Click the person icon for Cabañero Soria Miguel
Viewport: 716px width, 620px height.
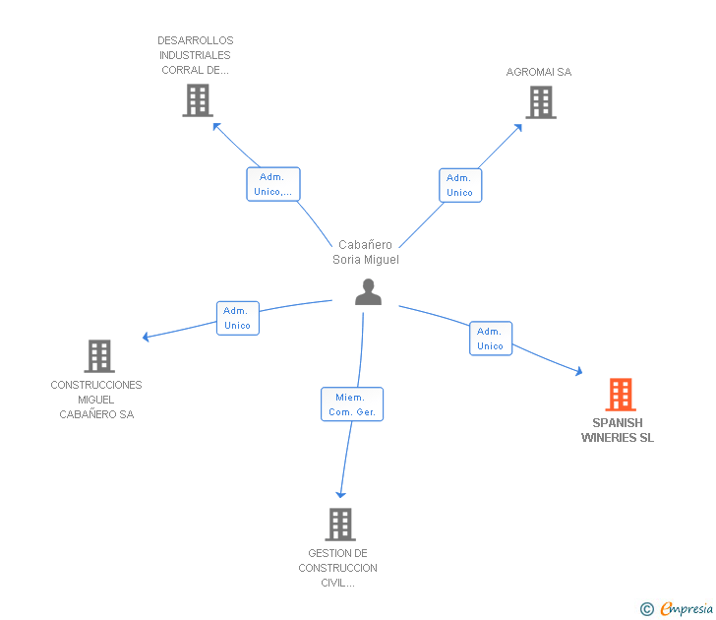[x=368, y=292]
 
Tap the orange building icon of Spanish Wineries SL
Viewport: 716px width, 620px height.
[x=620, y=395]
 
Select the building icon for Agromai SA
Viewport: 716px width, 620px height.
[x=540, y=102]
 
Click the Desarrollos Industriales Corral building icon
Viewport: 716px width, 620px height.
[x=198, y=100]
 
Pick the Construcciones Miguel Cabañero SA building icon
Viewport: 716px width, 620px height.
[x=98, y=356]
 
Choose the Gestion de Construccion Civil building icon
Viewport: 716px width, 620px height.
[x=339, y=525]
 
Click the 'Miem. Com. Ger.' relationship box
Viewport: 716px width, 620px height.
[x=352, y=404]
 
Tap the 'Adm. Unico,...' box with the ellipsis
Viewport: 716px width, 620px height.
[x=272, y=184]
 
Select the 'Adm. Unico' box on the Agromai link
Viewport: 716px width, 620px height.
[x=459, y=185]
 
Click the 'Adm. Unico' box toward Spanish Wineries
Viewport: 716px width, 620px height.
[x=490, y=339]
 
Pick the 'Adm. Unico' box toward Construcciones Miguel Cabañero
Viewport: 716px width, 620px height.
[x=237, y=318]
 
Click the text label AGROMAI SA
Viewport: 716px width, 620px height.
[x=538, y=72]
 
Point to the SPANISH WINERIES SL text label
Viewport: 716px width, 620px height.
[x=618, y=430]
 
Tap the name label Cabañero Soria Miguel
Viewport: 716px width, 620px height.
[x=366, y=252]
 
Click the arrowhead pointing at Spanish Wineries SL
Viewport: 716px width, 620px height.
[x=578, y=371]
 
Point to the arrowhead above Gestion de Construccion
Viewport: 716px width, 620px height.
[x=340, y=493]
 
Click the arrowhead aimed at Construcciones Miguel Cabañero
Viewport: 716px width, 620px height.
[x=146, y=338]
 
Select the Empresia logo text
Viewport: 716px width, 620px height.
[x=686, y=609]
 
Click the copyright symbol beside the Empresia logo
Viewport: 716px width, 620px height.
[x=646, y=609]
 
